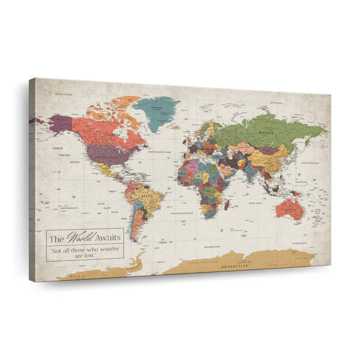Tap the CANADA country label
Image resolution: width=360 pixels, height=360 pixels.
113,133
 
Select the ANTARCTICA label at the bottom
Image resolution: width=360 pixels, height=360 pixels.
234,266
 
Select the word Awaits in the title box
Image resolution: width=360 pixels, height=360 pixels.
107,239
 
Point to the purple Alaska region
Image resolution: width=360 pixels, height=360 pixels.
60,124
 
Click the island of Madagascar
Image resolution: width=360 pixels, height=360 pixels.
225,205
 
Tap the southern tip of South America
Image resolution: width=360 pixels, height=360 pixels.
135,239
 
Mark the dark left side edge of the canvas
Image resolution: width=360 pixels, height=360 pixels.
32,177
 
